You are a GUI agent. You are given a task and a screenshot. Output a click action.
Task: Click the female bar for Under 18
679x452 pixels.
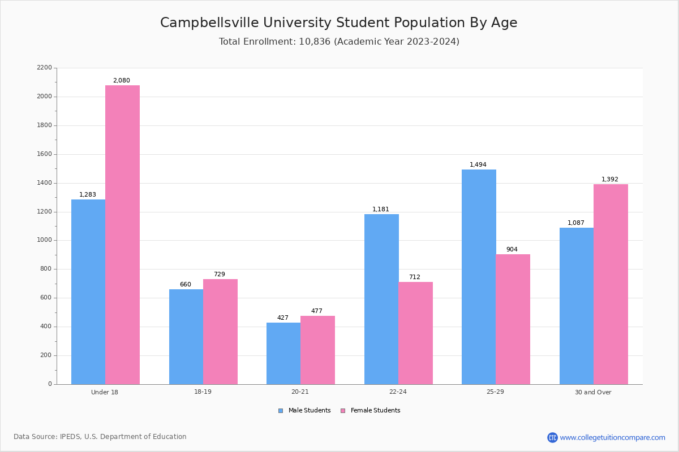click(122, 234)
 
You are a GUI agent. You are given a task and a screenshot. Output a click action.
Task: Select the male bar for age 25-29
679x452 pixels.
click(479, 277)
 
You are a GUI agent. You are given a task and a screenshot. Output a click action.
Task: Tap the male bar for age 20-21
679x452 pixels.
click(283, 353)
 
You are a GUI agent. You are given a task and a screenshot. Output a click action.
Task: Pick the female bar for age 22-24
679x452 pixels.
click(415, 333)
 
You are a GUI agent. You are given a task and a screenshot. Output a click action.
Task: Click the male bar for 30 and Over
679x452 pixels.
click(577, 306)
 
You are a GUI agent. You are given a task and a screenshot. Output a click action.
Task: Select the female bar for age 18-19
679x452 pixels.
click(220, 332)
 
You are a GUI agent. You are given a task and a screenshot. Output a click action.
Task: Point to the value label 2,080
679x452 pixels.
click(121, 81)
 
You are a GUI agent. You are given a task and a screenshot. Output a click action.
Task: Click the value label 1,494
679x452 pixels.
click(478, 165)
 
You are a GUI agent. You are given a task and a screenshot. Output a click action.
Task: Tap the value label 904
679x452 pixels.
click(512, 250)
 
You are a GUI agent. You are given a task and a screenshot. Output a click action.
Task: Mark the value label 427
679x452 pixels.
click(283, 318)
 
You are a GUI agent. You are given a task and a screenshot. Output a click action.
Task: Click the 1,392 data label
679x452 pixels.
click(609, 180)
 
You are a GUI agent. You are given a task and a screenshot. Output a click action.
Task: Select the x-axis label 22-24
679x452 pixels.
click(398, 392)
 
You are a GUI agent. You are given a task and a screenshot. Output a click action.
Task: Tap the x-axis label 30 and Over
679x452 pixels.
click(593, 392)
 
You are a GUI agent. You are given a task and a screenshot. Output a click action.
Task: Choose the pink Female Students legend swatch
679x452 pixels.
click(343, 411)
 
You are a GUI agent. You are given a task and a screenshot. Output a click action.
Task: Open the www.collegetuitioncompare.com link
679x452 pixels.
click(612, 437)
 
